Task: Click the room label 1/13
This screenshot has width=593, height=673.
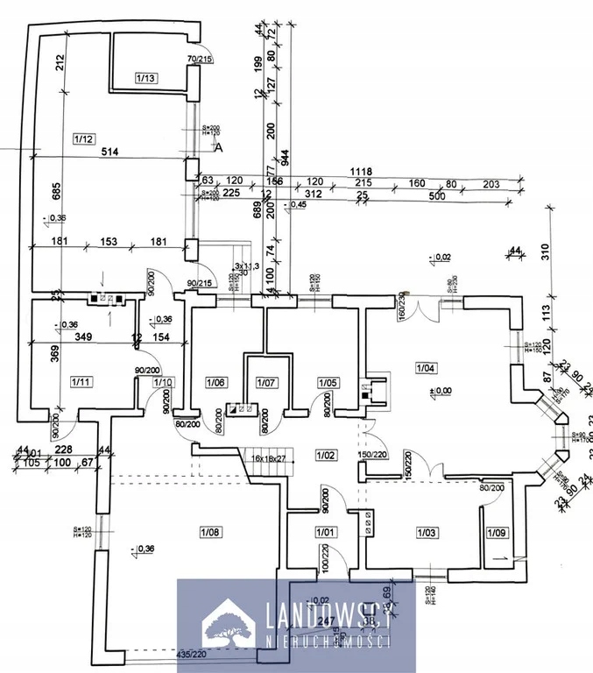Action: [x=146, y=79]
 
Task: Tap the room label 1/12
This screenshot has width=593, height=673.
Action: [x=84, y=138]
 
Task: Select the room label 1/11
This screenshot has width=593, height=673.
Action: [x=81, y=381]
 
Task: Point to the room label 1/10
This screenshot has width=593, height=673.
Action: [x=164, y=381]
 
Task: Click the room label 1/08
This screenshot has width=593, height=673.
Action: [x=209, y=530]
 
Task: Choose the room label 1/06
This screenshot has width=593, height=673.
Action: [x=215, y=381]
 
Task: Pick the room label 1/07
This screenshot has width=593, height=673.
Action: [x=265, y=383]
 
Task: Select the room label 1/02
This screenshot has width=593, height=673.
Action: [x=326, y=456]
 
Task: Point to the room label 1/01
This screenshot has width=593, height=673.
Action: [x=326, y=531]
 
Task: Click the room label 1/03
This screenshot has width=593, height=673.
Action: [x=427, y=532]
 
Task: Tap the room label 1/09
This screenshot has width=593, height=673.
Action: [x=497, y=531]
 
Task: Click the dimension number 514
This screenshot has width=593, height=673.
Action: [x=109, y=152]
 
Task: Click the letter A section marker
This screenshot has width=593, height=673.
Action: [x=219, y=148]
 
